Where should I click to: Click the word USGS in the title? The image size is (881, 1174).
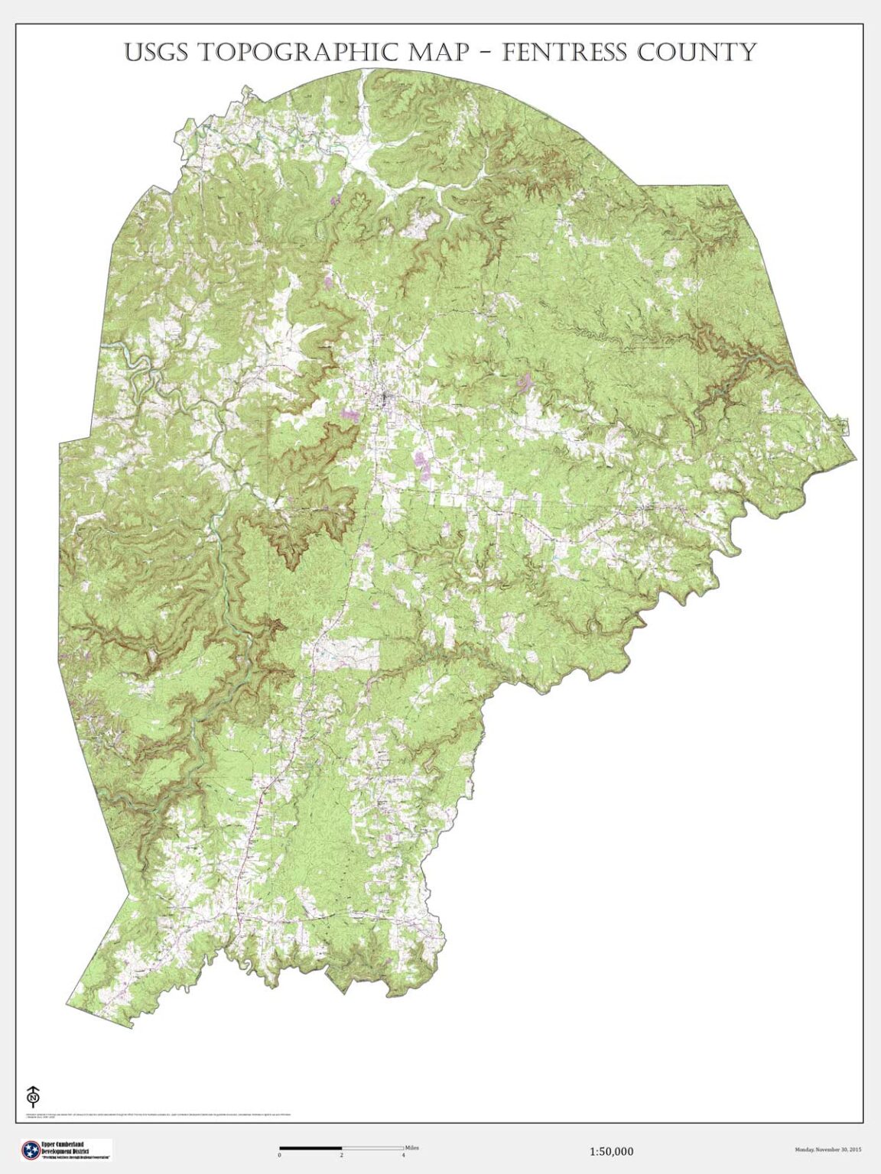click(x=157, y=52)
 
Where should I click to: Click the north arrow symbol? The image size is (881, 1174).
click(x=33, y=1095)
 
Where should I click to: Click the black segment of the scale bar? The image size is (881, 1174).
click(x=310, y=1147)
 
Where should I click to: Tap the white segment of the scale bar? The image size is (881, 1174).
click(x=372, y=1147)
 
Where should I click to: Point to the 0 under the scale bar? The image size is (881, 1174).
click(x=280, y=1155)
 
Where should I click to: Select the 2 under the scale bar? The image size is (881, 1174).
click(x=342, y=1155)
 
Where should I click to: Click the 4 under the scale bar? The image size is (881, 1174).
click(x=403, y=1155)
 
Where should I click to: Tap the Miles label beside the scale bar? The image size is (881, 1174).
click(x=412, y=1147)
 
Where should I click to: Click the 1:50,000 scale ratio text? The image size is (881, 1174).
click(x=611, y=1151)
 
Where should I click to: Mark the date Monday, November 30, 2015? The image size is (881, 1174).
click(x=828, y=1150)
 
